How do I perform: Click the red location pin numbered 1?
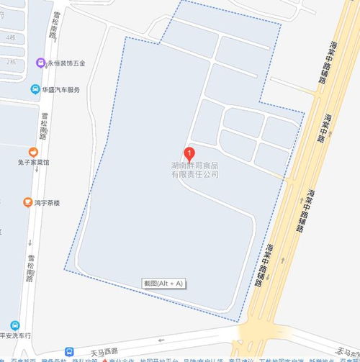point(190,153)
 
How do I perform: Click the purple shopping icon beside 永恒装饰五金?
point(41,63)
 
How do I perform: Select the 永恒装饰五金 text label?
point(66,63)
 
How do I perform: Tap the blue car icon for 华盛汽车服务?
point(35,90)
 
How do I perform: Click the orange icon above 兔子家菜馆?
point(33,152)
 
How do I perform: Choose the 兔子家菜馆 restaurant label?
point(33,163)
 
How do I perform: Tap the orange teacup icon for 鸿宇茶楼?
point(27,203)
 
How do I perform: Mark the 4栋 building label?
point(10,37)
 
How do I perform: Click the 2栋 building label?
point(10,63)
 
